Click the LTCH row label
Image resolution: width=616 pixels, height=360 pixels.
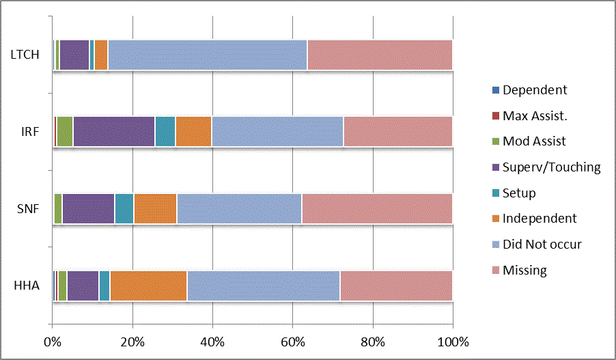pos(24,55)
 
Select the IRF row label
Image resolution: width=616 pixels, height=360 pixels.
pos(29,131)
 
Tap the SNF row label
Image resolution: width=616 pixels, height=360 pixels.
pos(27,208)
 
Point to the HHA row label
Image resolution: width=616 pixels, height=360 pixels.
pos(27,286)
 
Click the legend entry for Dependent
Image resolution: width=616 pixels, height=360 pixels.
pos(534,90)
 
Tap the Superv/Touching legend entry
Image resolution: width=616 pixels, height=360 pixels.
pos(551,167)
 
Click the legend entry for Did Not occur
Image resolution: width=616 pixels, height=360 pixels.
pos(542,245)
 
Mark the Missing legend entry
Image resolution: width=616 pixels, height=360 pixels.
pos(524,271)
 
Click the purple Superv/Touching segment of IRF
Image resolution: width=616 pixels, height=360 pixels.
pos(113,131)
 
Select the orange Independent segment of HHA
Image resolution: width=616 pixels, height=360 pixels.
pos(148,286)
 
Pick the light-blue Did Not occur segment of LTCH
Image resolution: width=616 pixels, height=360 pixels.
pos(207,55)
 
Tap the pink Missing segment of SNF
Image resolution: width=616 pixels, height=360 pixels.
pos(376,208)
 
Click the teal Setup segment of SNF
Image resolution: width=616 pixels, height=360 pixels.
pos(124,208)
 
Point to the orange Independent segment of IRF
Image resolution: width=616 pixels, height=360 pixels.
pos(193,131)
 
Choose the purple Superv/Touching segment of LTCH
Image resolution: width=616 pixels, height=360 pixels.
pos(74,55)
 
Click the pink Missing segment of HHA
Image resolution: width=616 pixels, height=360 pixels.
pos(396,286)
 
